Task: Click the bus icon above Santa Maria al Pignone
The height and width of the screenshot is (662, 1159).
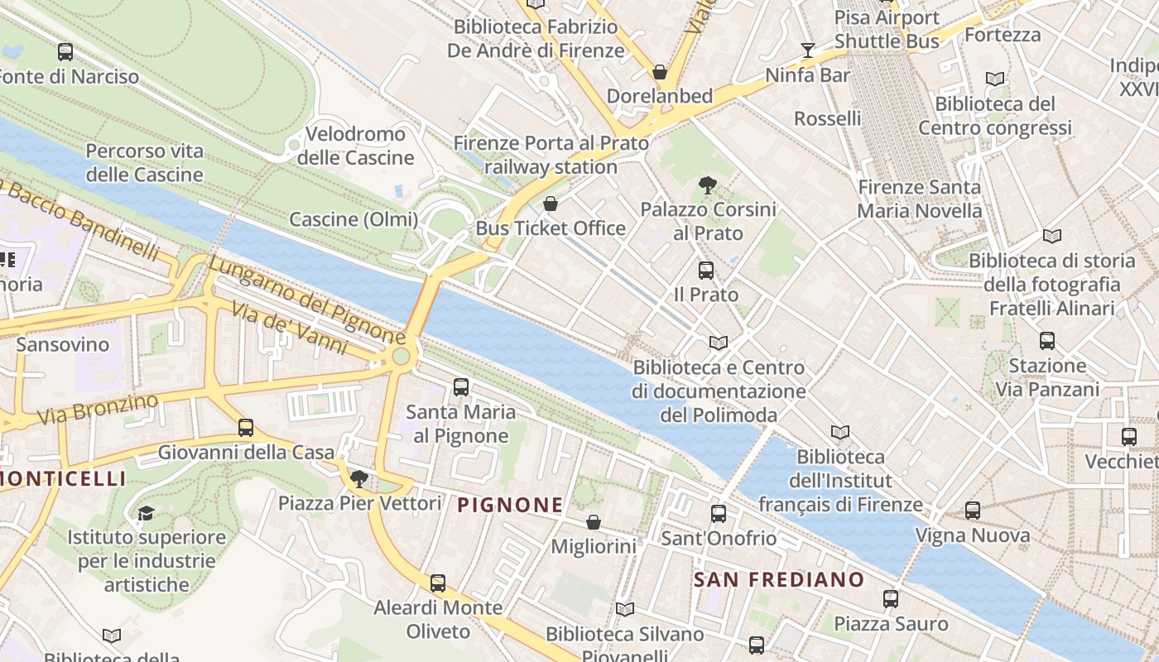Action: (461, 386)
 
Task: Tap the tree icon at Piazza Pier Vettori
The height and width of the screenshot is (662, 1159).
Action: (358, 478)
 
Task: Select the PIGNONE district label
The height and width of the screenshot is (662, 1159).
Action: (510, 505)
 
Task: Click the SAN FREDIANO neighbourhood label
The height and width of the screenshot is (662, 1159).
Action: (778, 579)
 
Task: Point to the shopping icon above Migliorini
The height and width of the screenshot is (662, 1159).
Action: (594, 522)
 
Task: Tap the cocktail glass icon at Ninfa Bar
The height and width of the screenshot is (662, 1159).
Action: (808, 50)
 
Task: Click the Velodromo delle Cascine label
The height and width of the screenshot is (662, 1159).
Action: (355, 146)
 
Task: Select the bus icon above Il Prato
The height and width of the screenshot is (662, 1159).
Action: (706, 270)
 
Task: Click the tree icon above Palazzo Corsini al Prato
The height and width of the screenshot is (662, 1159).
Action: (707, 185)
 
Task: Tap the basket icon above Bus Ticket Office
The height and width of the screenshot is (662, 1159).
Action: (551, 204)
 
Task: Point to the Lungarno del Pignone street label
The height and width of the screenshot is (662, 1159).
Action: (306, 300)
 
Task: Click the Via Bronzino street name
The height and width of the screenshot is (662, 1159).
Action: (97, 409)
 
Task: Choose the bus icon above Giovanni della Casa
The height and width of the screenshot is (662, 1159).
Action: (246, 428)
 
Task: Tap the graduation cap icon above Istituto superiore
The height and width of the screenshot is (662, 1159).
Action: (146, 513)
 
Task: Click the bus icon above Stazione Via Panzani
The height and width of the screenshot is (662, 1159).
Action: (1047, 341)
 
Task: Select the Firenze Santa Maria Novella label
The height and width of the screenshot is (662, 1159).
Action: (919, 199)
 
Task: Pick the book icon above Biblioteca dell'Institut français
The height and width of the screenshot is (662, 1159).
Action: (840, 432)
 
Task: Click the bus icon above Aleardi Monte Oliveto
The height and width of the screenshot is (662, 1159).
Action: (438, 583)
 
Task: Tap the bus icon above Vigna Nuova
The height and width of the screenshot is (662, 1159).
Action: (973, 511)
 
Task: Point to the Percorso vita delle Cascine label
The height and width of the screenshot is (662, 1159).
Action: (145, 163)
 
